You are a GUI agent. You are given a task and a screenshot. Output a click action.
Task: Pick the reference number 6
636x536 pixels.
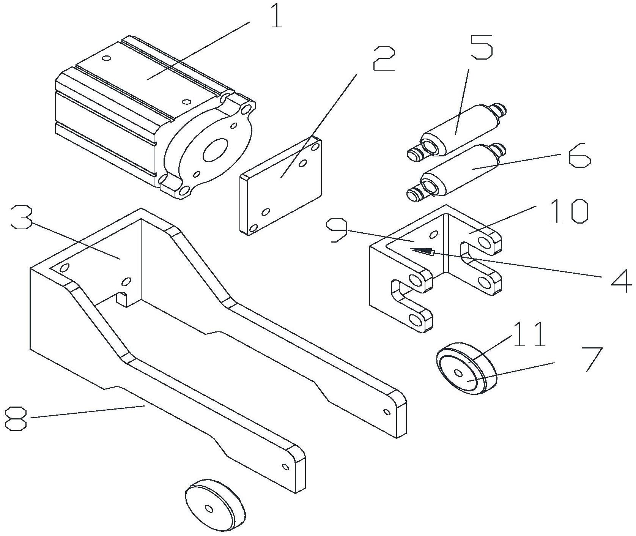[579, 155]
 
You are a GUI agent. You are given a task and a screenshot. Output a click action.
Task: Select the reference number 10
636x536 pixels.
[568, 211]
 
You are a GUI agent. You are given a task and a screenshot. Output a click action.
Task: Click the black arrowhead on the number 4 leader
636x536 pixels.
[422, 250]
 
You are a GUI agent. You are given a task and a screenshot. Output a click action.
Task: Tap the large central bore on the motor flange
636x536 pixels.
[216, 149]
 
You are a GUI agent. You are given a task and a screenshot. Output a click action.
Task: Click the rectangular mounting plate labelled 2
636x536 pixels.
[281, 186]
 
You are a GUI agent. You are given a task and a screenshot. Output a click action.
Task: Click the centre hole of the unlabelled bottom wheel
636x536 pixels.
[208, 508]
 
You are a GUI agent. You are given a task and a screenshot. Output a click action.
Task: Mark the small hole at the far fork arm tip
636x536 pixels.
[387, 411]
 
